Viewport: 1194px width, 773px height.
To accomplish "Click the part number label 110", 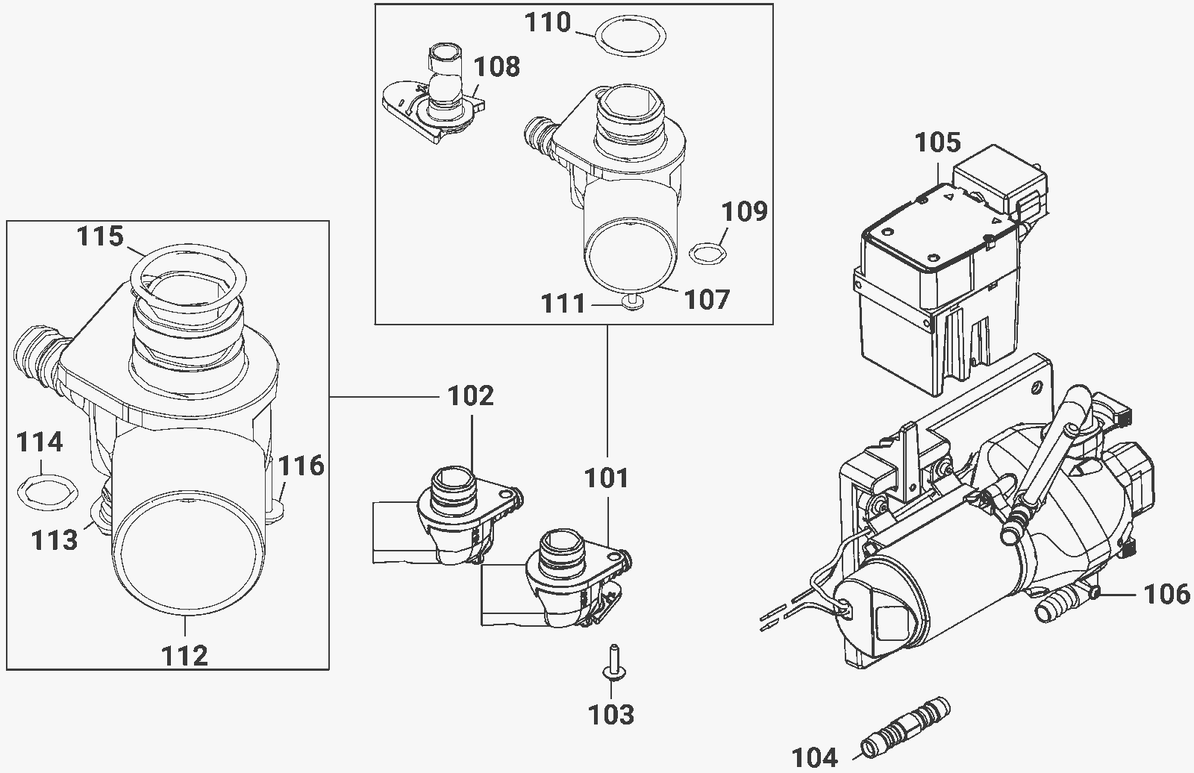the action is (548, 22).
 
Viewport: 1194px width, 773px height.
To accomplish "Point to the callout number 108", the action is (497, 67).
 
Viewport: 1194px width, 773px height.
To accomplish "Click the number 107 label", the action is (707, 300).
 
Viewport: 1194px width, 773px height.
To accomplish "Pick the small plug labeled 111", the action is (633, 303).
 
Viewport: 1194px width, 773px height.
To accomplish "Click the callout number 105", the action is (937, 143).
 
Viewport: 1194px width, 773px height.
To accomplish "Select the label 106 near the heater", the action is (1167, 595).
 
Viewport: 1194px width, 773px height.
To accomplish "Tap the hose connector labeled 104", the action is (906, 729).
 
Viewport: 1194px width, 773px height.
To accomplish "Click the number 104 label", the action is (815, 757).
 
